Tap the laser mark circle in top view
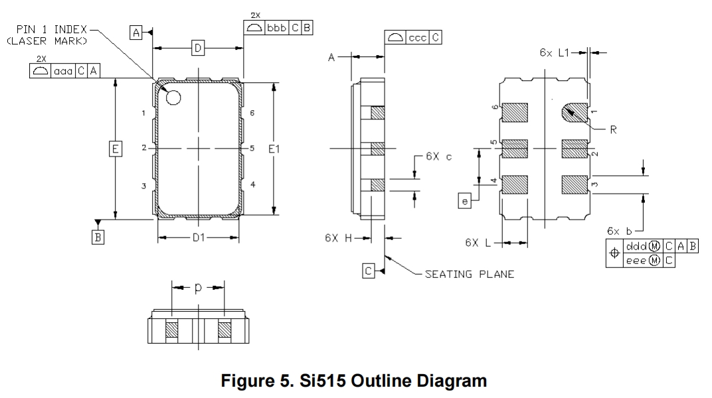(173, 98)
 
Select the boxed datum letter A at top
(136, 32)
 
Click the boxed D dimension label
(197, 47)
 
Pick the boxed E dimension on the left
(115, 150)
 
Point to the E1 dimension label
(274, 150)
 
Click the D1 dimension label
(198, 237)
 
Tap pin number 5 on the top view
(252, 149)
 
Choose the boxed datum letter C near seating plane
(369, 270)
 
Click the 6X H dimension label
(338, 237)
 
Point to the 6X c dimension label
(439, 157)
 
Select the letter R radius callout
(613, 130)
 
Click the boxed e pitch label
(464, 198)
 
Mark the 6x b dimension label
(619, 231)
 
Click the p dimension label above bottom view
(198, 288)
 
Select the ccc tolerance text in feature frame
(417, 38)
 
